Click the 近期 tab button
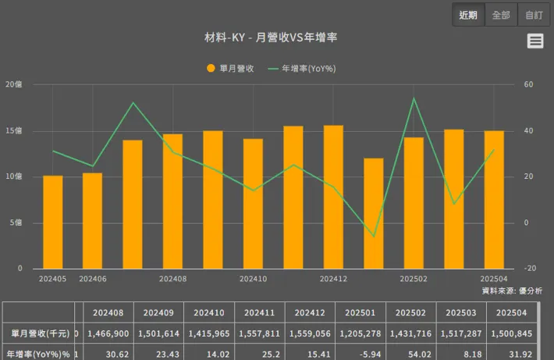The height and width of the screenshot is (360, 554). [468, 15]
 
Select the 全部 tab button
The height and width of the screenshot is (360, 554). [501, 15]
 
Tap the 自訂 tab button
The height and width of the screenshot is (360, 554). [534, 15]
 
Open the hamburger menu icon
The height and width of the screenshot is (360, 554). [535, 41]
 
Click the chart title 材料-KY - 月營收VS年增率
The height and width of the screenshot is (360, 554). [275, 37]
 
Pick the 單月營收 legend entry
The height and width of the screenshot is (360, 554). [230, 69]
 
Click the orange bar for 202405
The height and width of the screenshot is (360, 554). [53, 222]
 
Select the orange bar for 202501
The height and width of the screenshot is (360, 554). [374, 213]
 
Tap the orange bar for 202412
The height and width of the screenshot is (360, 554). [333, 197]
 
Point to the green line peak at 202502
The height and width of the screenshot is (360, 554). [414, 98]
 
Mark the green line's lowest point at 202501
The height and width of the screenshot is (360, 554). [374, 236]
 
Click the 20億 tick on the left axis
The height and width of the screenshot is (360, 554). [13, 84]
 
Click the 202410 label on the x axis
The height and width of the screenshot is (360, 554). [253, 279]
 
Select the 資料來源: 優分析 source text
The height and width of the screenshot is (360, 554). [512, 290]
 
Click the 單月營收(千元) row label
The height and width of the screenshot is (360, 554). [39, 333]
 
